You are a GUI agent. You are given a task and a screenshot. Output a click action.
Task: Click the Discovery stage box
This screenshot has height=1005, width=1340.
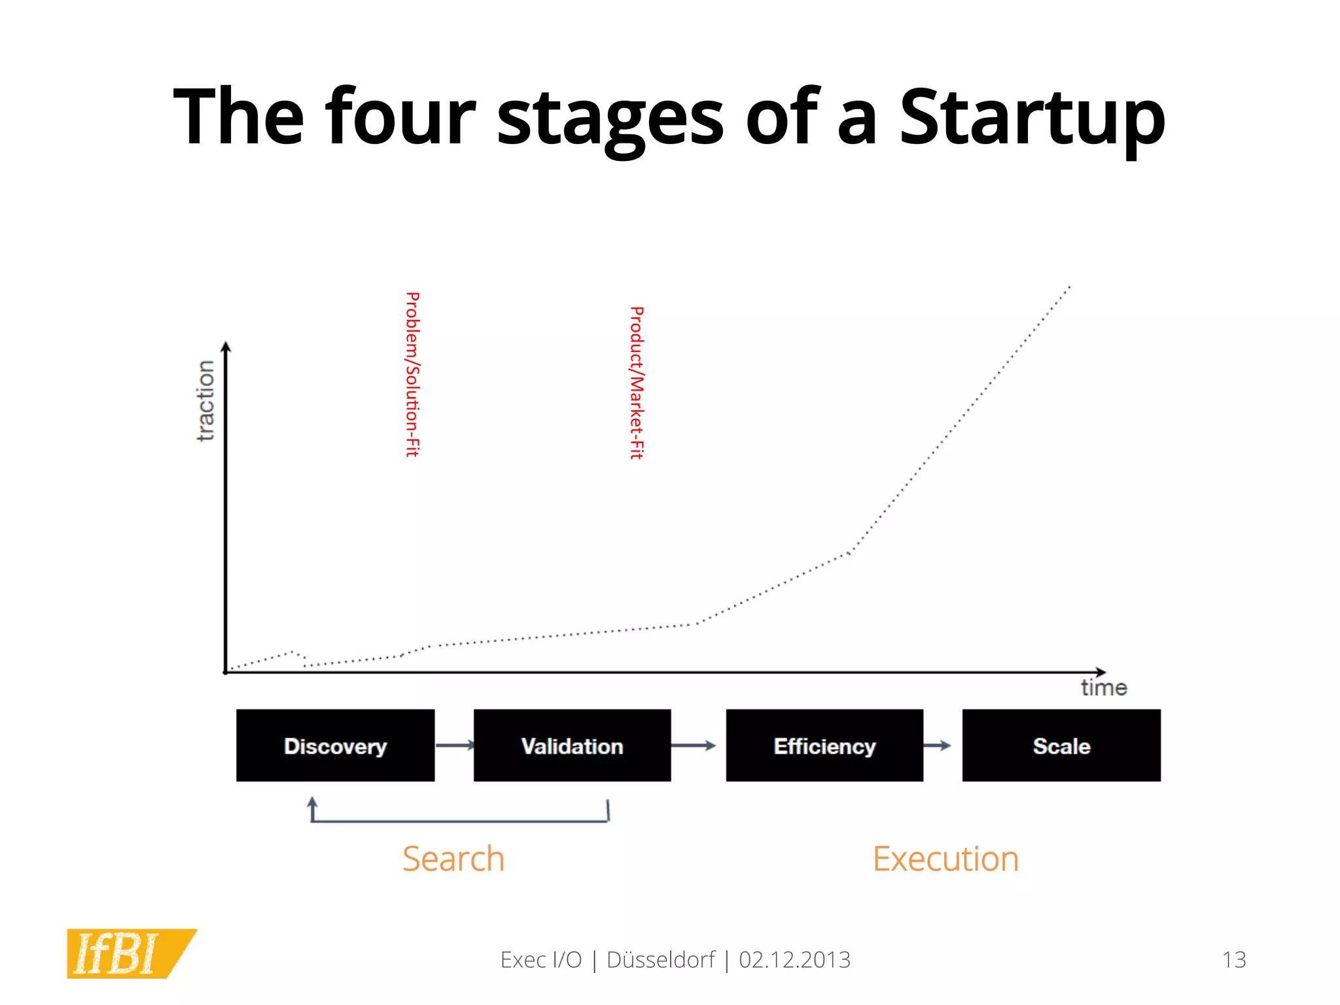[x=335, y=745]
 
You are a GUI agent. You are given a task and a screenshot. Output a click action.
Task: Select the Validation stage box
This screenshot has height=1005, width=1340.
[x=572, y=745]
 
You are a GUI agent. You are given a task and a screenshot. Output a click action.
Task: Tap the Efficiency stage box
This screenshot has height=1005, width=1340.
[x=824, y=745]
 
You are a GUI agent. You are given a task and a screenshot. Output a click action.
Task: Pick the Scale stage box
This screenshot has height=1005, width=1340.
[x=1061, y=745]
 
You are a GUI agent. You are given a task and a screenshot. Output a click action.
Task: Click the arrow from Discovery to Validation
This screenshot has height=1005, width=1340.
[x=455, y=745]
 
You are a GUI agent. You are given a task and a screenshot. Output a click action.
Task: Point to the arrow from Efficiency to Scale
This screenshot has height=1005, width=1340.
[x=938, y=745]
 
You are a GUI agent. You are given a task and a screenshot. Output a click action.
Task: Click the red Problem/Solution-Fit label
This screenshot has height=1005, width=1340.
[x=412, y=374]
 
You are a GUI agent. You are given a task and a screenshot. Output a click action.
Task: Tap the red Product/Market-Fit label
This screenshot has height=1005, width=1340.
[x=637, y=383]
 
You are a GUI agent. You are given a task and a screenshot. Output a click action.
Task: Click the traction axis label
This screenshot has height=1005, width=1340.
[x=205, y=400]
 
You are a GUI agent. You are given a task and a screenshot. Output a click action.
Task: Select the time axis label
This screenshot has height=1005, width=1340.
[x=1104, y=688]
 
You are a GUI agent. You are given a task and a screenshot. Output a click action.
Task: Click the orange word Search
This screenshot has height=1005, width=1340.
[x=453, y=858]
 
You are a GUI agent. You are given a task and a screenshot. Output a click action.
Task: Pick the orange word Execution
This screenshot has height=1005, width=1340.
[x=945, y=858]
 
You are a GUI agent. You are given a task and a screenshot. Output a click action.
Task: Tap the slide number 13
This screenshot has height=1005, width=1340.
[x=1234, y=960]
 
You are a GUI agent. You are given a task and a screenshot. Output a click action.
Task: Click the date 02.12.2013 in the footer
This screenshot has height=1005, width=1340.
[x=794, y=960]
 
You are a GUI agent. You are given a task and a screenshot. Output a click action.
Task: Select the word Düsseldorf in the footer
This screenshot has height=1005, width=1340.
[x=661, y=960]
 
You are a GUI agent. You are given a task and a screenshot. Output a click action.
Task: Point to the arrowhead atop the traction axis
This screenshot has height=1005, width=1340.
[x=226, y=347]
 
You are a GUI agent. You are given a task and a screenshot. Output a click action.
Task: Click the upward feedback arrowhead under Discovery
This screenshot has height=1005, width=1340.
[x=312, y=802]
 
